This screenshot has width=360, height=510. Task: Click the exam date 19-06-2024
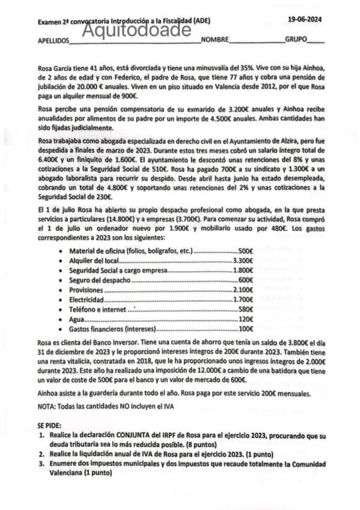[304, 20]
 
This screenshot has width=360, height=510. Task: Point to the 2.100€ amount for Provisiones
[242, 290]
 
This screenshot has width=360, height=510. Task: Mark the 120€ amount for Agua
[245, 319]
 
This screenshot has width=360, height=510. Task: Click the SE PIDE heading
[50, 425]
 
